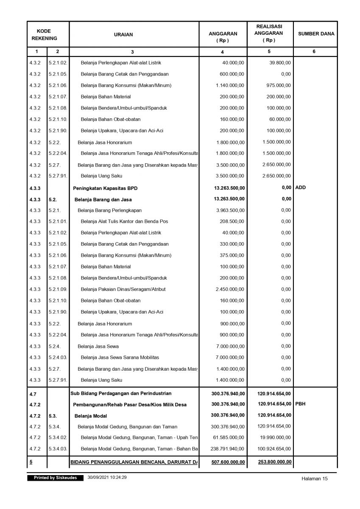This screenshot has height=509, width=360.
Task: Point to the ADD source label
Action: [x=300, y=187]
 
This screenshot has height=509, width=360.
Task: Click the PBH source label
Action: [x=300, y=404]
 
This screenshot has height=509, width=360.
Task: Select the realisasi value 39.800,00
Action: [x=280, y=63]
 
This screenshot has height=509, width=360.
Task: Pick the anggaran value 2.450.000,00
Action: [x=230, y=289]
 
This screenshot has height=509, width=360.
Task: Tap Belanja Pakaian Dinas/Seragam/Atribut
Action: [x=123, y=289]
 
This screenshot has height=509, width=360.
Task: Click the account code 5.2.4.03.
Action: [x=58, y=357]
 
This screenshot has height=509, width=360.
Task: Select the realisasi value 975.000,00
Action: [x=278, y=85]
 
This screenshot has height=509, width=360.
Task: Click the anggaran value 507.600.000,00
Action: [x=228, y=462]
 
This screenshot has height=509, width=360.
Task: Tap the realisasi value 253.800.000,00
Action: [x=274, y=461]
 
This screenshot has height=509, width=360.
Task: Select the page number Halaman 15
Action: [x=315, y=479]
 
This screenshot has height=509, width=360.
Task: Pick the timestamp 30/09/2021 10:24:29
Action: [x=107, y=478]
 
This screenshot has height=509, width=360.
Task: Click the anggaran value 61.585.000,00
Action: [x=229, y=437]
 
